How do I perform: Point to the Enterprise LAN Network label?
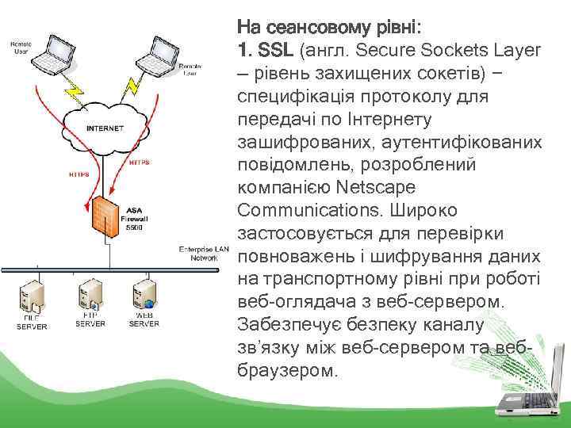pyautogui.click(x=203, y=253)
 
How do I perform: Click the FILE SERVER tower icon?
pyautogui.click(x=33, y=296)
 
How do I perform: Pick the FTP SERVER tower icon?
pyautogui.click(x=89, y=295)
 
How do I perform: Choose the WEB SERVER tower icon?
pyautogui.click(x=144, y=295)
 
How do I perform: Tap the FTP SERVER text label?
pyautogui.click(x=90, y=319)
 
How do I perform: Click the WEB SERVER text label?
pyautogui.click(x=144, y=319)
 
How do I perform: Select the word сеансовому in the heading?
pyautogui.click(x=317, y=28)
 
